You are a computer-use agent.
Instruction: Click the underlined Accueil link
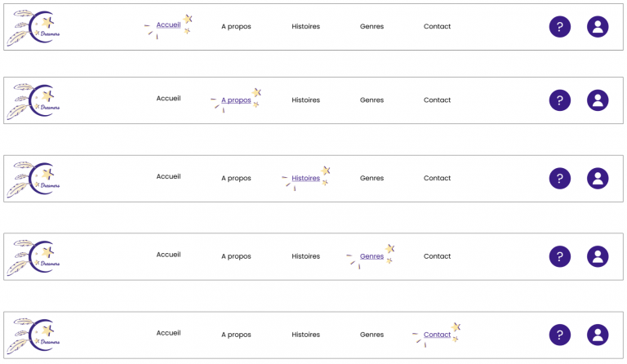[x=168, y=25]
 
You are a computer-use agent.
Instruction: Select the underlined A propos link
[x=236, y=100]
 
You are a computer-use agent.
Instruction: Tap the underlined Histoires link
[x=305, y=178]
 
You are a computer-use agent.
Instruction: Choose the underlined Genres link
[x=371, y=256]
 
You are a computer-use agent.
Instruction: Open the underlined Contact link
[x=437, y=335]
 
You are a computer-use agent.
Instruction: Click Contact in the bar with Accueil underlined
[x=437, y=26]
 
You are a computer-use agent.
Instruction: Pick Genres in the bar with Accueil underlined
[x=371, y=26]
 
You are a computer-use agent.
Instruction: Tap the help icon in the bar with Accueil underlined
[x=559, y=27]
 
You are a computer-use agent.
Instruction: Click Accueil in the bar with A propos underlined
[x=168, y=99]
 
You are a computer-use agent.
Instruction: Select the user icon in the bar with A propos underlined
[x=598, y=100]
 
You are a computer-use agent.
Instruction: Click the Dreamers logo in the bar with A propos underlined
[x=34, y=101]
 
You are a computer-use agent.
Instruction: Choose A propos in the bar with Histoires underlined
[x=236, y=178]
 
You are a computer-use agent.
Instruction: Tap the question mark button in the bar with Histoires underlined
[x=559, y=179]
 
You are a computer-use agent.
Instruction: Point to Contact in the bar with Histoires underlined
[x=437, y=178]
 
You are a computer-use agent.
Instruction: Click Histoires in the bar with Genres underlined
[x=305, y=256]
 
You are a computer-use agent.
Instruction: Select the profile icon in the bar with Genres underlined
[x=598, y=257]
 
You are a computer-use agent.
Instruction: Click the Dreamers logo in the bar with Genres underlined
[x=34, y=257]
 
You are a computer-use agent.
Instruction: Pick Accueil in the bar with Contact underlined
[x=168, y=333]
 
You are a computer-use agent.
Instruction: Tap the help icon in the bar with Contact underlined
[x=559, y=335]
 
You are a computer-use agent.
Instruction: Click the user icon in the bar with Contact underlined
[x=598, y=335]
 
